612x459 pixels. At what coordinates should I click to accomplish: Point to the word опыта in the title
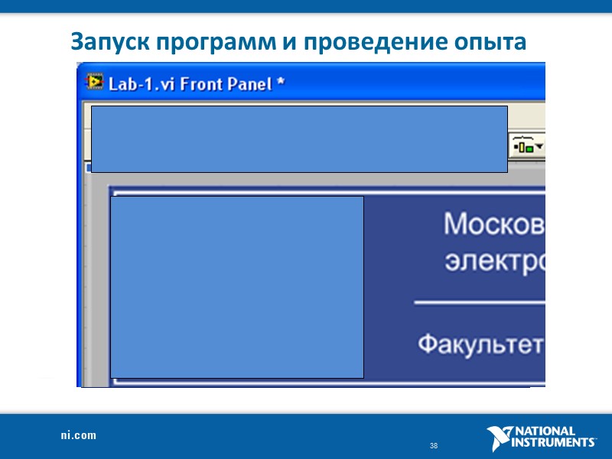pyautogui.click(x=490, y=42)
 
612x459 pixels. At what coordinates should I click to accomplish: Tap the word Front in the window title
pyautogui.click(x=200, y=83)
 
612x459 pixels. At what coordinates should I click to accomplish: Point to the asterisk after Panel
pyautogui.click(x=281, y=82)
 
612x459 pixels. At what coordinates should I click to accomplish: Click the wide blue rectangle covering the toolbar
pyautogui.click(x=299, y=138)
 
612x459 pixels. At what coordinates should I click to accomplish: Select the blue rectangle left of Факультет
pyautogui.click(x=237, y=287)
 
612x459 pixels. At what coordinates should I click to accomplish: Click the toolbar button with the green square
pyautogui.click(x=527, y=145)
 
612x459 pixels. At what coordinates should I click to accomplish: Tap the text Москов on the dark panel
pyautogui.click(x=493, y=224)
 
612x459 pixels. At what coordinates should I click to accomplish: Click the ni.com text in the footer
pyautogui.click(x=79, y=435)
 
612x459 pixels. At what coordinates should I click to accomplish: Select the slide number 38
pyautogui.click(x=434, y=446)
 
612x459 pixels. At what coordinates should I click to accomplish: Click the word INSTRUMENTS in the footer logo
pyautogui.click(x=554, y=442)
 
